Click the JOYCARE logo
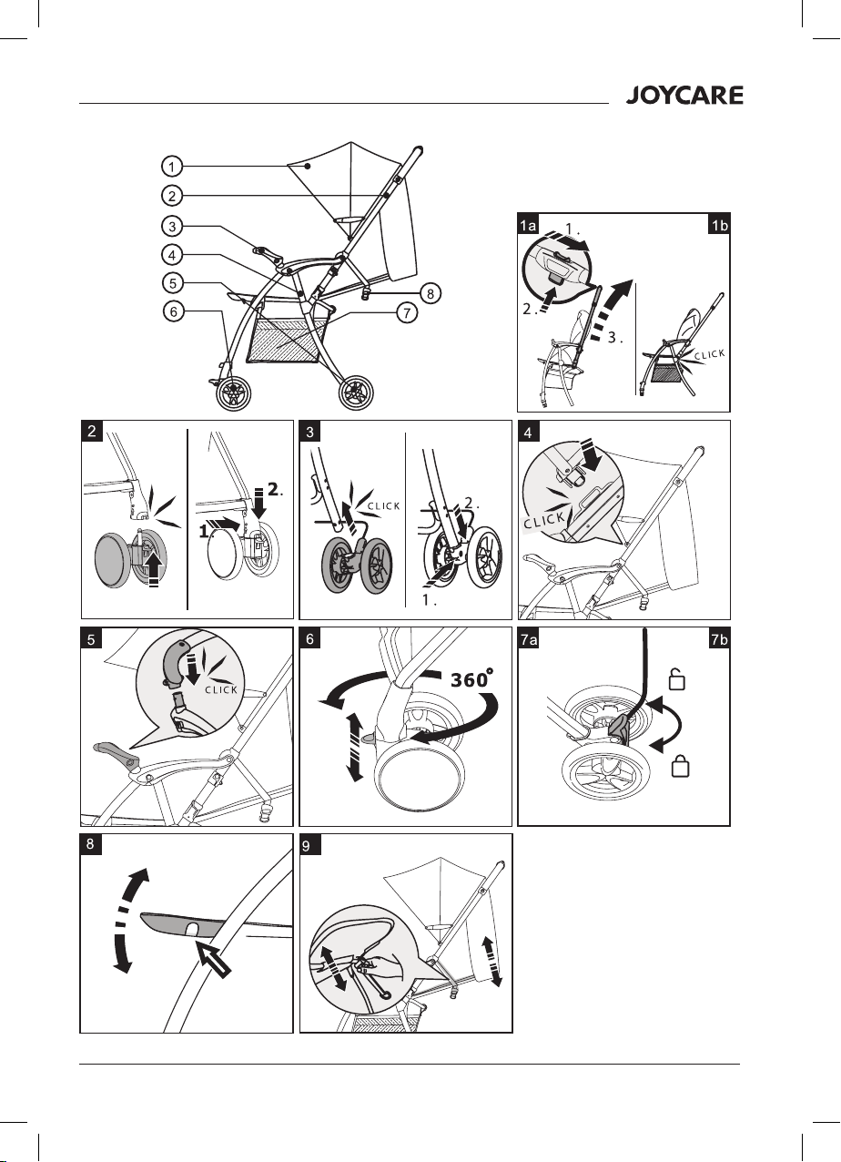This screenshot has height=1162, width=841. coord(684,96)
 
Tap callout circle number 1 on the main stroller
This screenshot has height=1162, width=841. coord(172,167)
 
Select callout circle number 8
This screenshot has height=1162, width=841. coord(430,293)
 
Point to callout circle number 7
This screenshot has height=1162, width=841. coord(407,312)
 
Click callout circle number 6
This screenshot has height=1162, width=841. coord(173,311)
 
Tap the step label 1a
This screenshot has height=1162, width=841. coord(528,225)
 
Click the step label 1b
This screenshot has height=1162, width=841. coord(719,225)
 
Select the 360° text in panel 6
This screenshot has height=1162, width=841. coord(471,679)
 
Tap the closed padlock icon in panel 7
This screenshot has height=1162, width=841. coord(680,766)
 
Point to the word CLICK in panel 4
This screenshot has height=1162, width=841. coord(543,520)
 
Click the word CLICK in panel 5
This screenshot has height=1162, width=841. coord(221,690)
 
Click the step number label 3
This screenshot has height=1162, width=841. coord(310,431)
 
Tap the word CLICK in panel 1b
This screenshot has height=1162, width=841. coord(709,355)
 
